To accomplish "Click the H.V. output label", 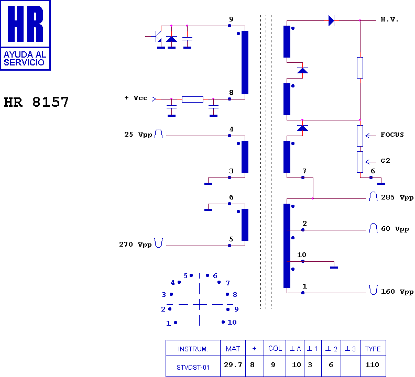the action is click(389, 19).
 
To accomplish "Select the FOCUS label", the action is click(392, 135).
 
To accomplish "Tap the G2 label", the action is click(385, 161).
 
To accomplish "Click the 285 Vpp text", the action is click(397, 197).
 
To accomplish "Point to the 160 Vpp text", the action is click(397, 292).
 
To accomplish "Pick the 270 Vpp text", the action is click(135, 245).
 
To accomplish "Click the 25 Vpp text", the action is click(138, 135).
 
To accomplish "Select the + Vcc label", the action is click(136, 98).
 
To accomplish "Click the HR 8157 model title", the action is click(36, 102).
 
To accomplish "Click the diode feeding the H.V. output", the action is click(331, 20).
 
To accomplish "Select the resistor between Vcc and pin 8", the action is click(192, 99).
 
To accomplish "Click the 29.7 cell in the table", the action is click(233, 365).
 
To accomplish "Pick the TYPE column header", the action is click(373, 349).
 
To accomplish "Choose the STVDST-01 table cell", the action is click(193, 368).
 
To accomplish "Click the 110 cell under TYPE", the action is click(372, 365).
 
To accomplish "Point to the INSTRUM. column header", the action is click(193, 349).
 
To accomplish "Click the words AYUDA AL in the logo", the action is click(25, 54).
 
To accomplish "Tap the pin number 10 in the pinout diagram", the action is click(232, 322).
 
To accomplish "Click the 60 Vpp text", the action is click(395, 229).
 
